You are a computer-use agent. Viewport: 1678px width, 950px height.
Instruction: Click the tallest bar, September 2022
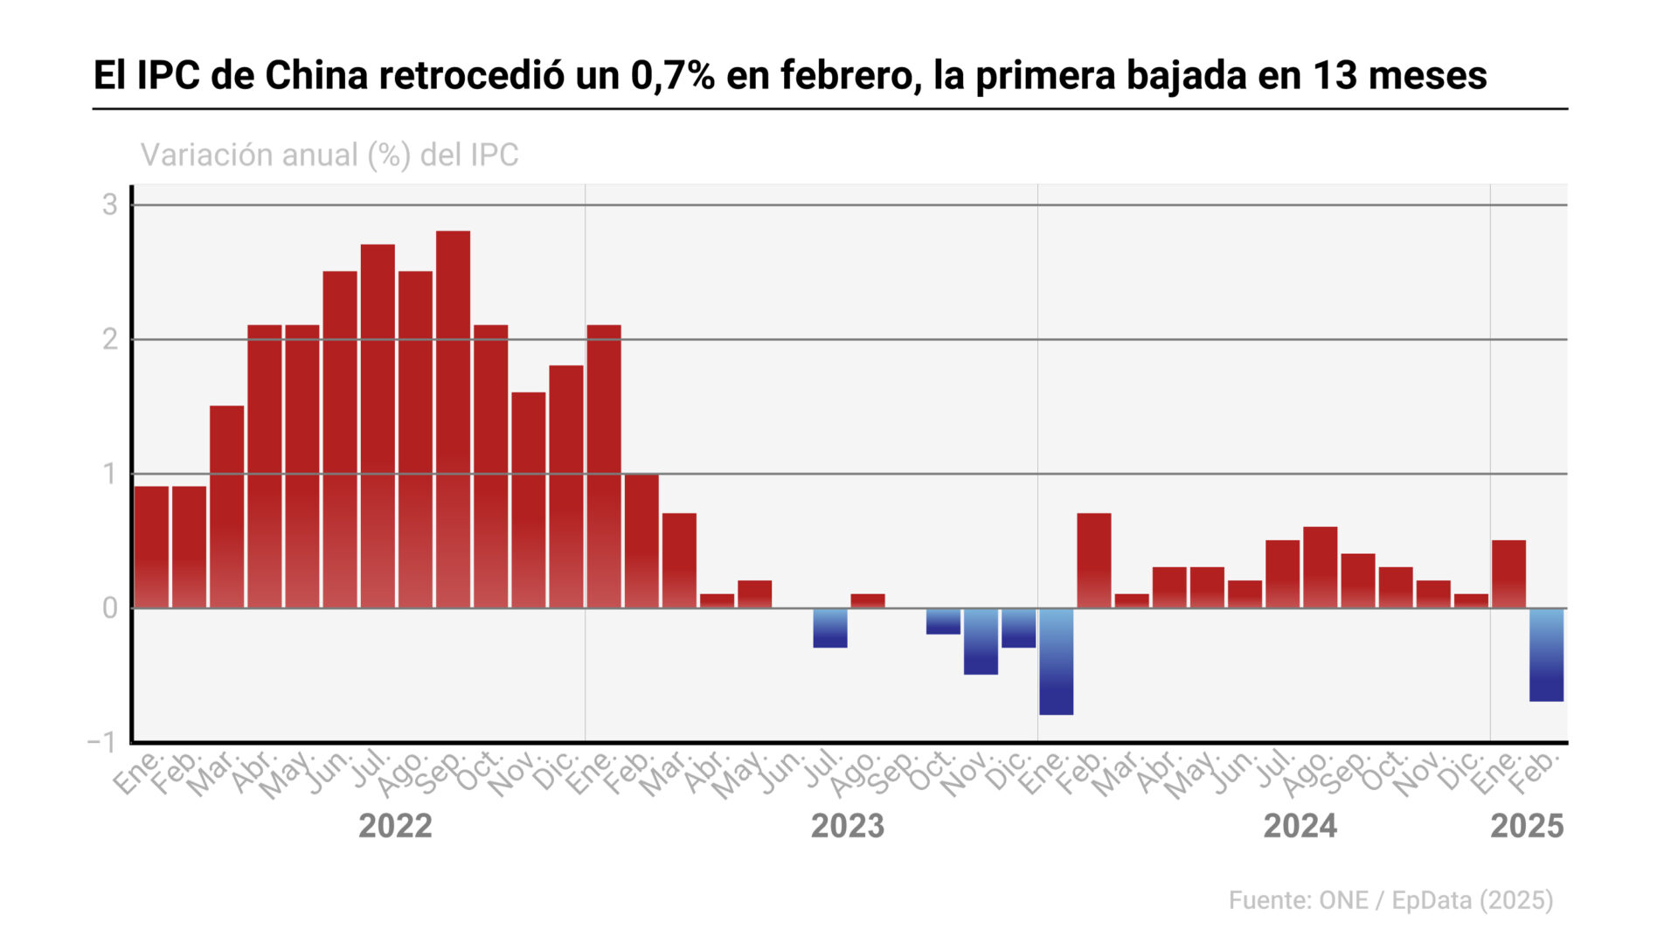coord(453,420)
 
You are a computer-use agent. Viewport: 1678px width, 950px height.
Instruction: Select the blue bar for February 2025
coord(1546,655)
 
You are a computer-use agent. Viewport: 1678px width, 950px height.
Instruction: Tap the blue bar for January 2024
coord(1056,662)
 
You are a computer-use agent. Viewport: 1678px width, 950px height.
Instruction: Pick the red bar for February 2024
coord(1093,560)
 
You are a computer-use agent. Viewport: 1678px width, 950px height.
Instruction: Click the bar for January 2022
coord(151,547)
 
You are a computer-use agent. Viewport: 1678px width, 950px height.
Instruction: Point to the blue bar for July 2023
coord(829,628)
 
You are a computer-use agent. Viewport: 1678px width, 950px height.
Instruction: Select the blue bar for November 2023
coord(981,641)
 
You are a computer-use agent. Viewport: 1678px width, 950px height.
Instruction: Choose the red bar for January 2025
coord(1508,574)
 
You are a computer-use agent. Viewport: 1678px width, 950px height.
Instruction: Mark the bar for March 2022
coord(226,507)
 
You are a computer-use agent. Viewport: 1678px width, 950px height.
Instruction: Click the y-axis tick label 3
coord(109,205)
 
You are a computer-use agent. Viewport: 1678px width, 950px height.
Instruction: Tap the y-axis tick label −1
coord(101,742)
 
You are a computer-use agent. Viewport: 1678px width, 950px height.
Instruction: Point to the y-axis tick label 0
coord(109,608)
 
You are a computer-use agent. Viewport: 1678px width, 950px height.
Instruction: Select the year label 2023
coord(847,826)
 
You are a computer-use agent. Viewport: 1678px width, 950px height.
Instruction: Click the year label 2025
coord(1526,826)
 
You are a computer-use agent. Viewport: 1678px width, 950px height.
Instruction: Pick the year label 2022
coord(395,826)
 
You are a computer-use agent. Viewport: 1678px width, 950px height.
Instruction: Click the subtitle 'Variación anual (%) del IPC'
coord(329,155)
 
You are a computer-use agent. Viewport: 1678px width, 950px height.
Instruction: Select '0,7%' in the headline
coord(672,75)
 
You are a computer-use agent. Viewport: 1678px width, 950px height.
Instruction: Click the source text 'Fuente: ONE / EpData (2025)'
coord(1390,900)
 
